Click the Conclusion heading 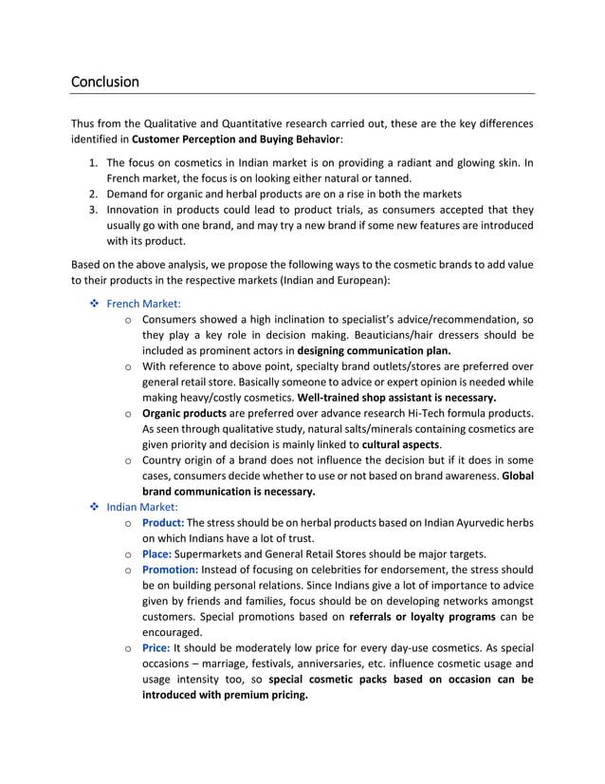pyautogui.click(x=105, y=82)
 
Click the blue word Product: pyautogui.click(x=163, y=523)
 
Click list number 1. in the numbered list pyautogui.click(x=94, y=162)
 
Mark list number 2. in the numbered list pyautogui.click(x=94, y=194)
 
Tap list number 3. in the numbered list pyautogui.click(x=94, y=210)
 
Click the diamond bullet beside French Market pyautogui.click(x=92, y=304)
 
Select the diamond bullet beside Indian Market pyautogui.click(x=92, y=507)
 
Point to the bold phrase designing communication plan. pyautogui.click(x=373, y=350)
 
